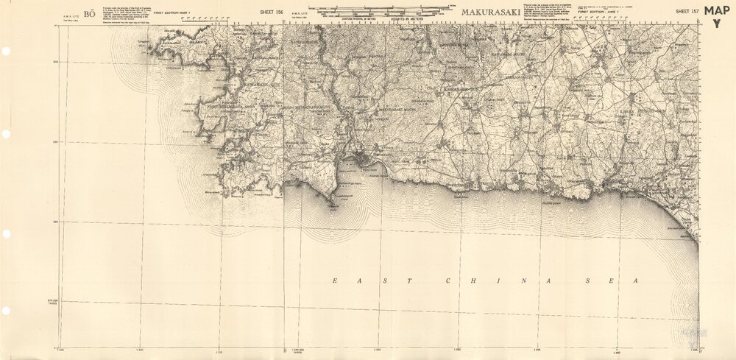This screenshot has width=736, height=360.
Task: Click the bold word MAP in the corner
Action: pyautogui.click(x=717, y=10)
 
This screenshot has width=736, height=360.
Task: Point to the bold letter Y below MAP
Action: pyautogui.click(x=716, y=24)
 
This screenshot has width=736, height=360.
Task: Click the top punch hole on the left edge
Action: pyautogui.click(x=6, y=52)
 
